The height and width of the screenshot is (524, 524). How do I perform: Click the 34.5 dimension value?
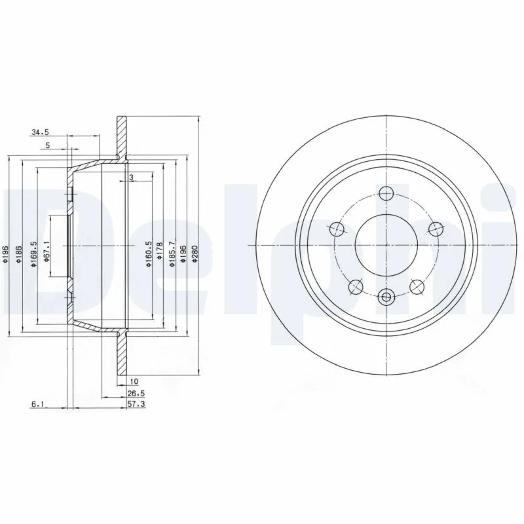point(40,132)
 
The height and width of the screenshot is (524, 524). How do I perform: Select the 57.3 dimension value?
point(136,405)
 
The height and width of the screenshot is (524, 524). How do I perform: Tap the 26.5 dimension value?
point(136,394)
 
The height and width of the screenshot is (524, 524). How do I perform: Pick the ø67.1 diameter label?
point(47,252)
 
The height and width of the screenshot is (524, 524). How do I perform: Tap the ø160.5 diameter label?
point(149,253)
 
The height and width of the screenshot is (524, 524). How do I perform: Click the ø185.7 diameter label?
point(172,253)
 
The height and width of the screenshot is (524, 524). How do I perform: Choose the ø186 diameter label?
point(19,253)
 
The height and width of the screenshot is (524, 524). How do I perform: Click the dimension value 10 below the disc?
point(134,381)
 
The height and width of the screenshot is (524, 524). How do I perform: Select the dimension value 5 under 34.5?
point(47,146)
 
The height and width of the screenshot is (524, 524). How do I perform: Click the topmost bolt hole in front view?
point(386,193)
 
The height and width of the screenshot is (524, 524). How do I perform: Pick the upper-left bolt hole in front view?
point(337,229)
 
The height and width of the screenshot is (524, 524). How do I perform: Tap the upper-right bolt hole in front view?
point(435,229)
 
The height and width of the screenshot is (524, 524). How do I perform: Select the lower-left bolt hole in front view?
point(356,286)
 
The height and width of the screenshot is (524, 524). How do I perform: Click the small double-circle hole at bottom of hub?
point(386,298)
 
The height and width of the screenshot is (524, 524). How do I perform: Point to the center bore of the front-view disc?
point(386,245)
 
